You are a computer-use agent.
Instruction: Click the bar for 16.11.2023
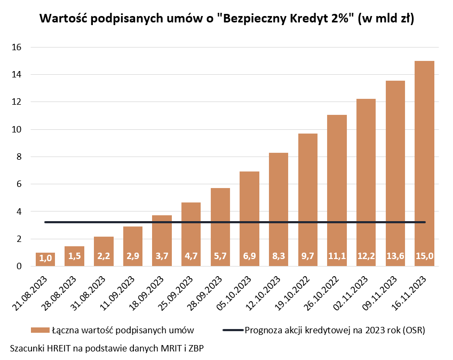pos(424,160)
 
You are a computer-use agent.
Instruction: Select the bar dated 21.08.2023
pos(46,260)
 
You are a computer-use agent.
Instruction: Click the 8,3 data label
pos(279,257)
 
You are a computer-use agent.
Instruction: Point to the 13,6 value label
pos(395,257)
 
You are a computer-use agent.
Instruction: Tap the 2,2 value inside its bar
pos(104,257)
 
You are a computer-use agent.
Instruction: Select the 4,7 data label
pos(191,257)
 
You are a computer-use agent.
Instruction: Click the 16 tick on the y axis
pos(16,47)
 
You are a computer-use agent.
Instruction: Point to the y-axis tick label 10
pos(16,129)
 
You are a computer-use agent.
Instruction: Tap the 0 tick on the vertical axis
pos(18,266)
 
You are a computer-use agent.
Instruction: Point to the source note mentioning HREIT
pos(107,348)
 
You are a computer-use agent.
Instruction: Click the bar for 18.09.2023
pos(162,238)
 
